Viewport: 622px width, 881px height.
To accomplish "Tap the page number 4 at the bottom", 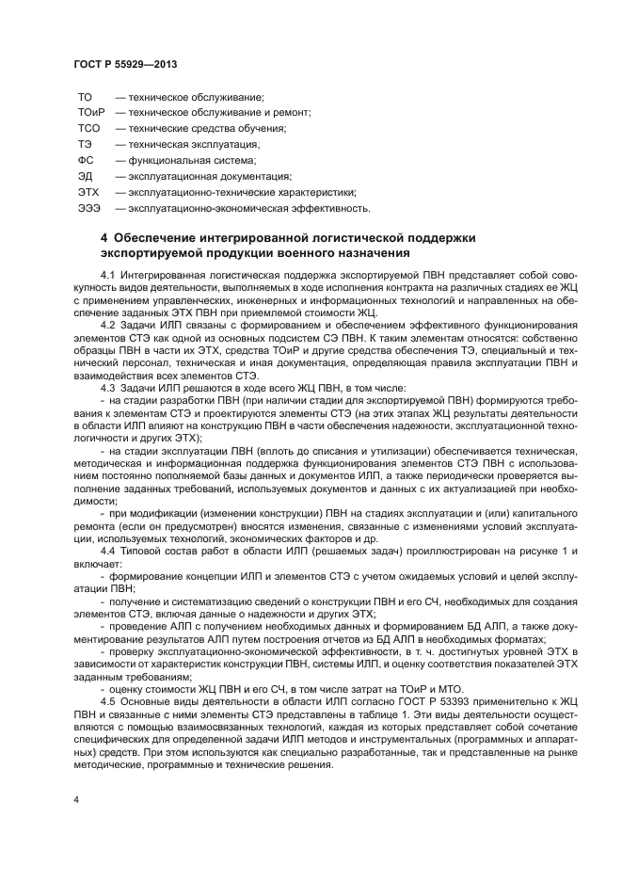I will [x=76, y=798].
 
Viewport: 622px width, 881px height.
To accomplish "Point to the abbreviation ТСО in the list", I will [x=88, y=128].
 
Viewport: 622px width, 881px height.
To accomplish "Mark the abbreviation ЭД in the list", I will [x=85, y=176].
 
